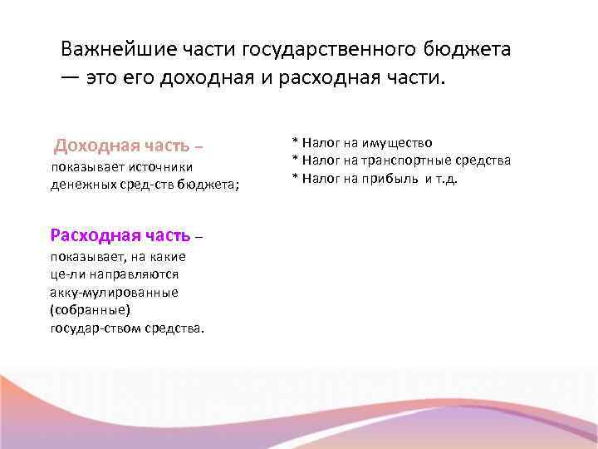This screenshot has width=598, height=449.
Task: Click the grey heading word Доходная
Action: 92,146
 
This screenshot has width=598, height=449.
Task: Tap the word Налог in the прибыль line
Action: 317,178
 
